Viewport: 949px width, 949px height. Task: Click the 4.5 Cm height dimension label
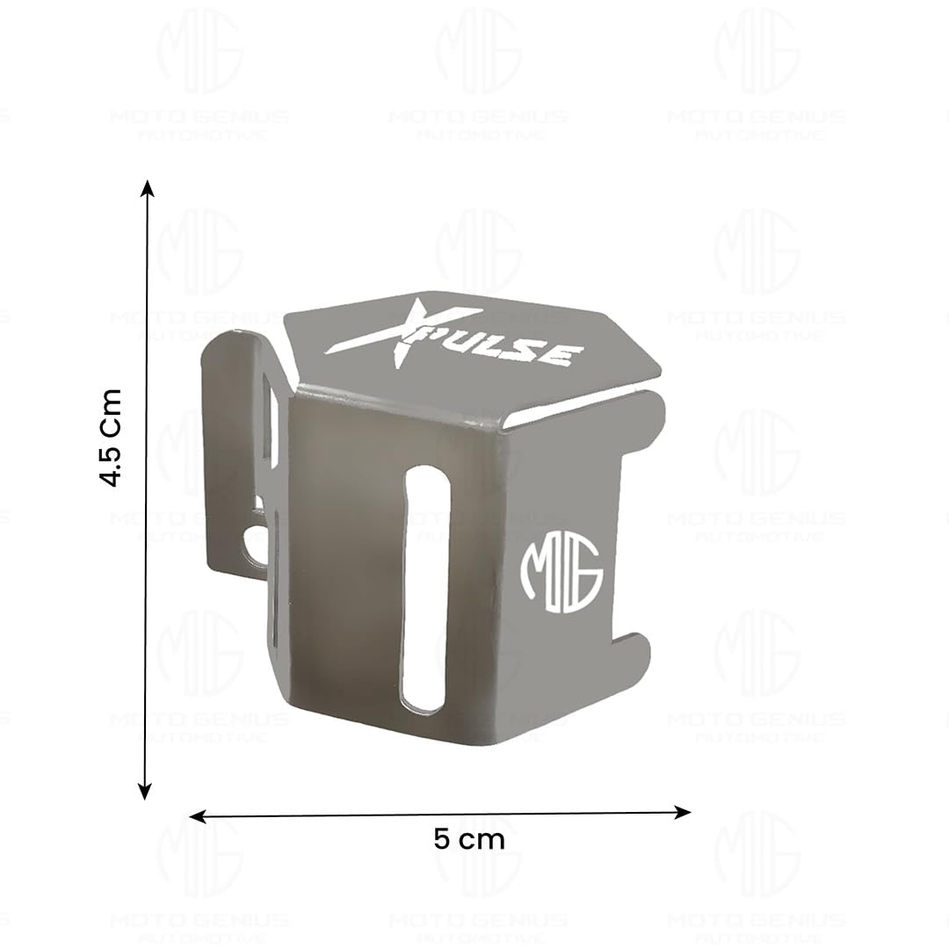click(x=111, y=437)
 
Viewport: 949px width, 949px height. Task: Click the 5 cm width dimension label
click(x=469, y=839)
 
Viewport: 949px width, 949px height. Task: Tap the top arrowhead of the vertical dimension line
click(x=148, y=187)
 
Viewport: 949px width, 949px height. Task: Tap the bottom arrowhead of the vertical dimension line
click(x=146, y=792)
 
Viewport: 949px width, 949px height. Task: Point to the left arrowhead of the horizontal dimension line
click(x=197, y=817)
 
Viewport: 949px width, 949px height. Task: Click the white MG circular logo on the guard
click(x=561, y=571)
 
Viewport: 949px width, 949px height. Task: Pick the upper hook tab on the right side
click(x=641, y=420)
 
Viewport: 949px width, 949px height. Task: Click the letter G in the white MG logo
click(x=585, y=573)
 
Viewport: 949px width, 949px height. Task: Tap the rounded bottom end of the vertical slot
click(x=424, y=699)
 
